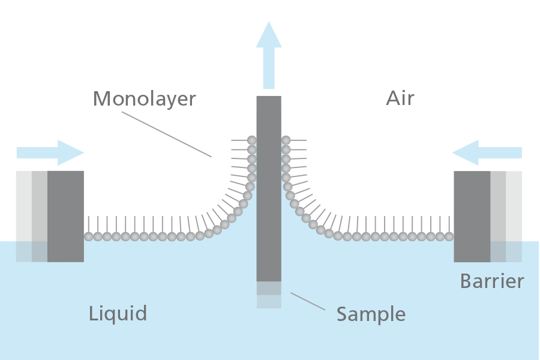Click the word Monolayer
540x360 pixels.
144,98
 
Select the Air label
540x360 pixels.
400,98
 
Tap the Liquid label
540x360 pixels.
118,313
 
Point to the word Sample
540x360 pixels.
371,314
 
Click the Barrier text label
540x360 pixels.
492,281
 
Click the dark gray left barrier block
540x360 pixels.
65,216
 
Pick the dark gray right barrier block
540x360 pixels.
472,216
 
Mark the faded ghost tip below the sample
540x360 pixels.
269,295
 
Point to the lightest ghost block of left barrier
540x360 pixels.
23,216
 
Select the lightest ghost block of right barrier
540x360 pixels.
514,216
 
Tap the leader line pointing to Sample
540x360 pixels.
308,302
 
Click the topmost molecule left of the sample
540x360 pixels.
252,140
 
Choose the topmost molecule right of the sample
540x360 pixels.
286,140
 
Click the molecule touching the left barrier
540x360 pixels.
89,236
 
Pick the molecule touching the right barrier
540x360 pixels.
449,236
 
